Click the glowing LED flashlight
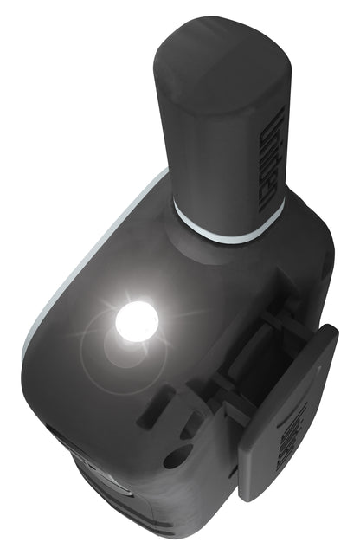pos(137,321)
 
